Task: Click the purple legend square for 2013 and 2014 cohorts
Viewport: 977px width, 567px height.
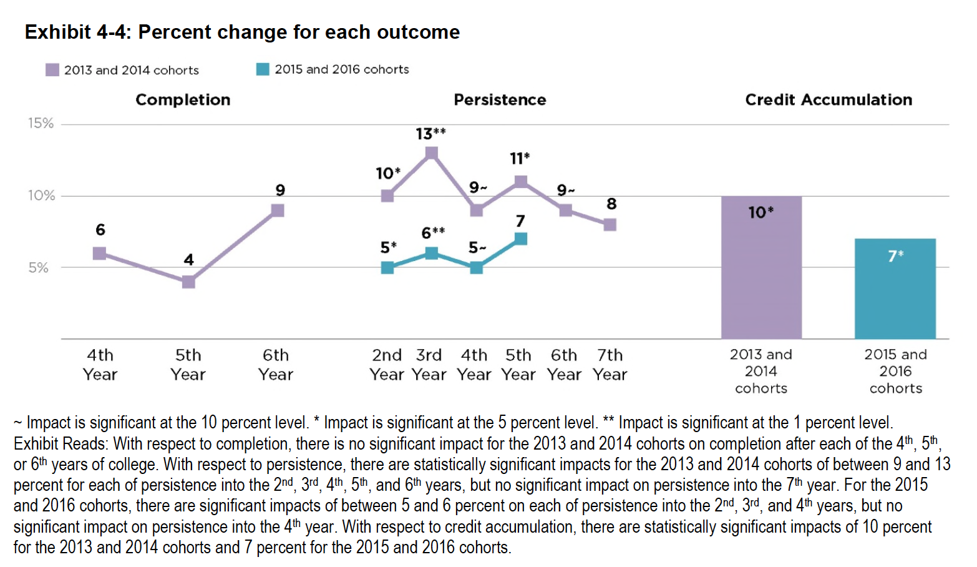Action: click(52, 70)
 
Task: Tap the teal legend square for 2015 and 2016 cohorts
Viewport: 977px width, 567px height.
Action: click(263, 69)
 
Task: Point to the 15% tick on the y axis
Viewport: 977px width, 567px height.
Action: click(41, 124)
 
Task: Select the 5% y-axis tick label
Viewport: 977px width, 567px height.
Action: click(38, 268)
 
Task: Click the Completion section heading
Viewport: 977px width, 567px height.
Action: click(183, 100)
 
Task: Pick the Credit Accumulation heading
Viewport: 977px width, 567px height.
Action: click(828, 100)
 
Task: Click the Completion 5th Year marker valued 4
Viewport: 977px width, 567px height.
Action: click(188, 282)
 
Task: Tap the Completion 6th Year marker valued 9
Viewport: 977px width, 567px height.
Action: click(278, 210)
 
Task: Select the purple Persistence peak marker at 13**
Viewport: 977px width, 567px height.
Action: click(431, 153)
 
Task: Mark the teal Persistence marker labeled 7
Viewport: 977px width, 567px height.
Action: click(521, 239)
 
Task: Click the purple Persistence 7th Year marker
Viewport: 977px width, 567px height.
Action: click(610, 224)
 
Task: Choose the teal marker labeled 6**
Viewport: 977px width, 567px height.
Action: click(431, 253)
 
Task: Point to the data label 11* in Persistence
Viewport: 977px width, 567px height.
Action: click(519, 159)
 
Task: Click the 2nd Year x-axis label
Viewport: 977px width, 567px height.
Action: click(387, 365)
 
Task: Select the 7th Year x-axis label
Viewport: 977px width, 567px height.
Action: click(610, 365)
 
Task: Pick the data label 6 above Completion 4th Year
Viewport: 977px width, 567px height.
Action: click(100, 230)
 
